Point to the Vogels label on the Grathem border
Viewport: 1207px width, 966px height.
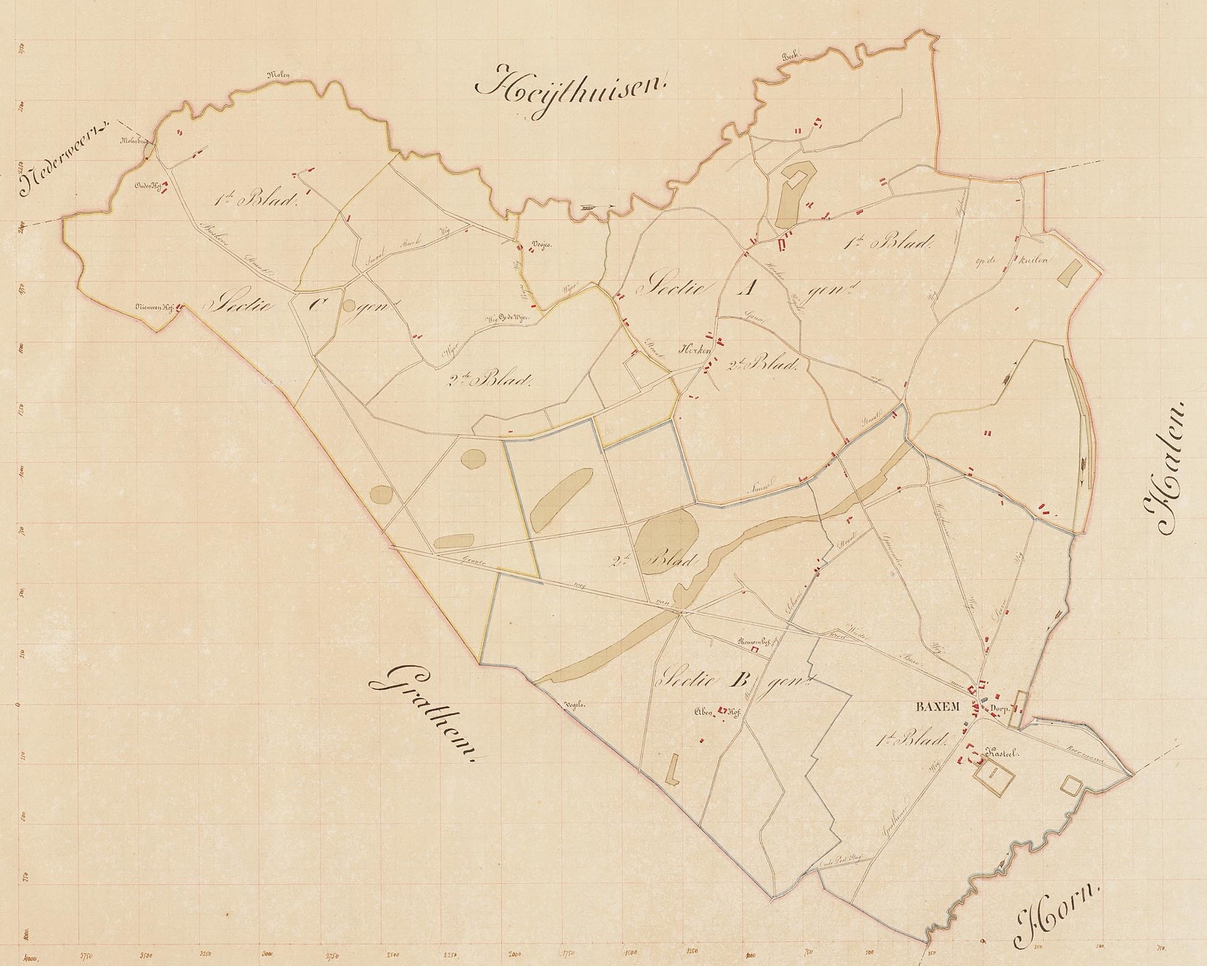point(575,705)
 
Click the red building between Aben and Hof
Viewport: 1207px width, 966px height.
point(723,711)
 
